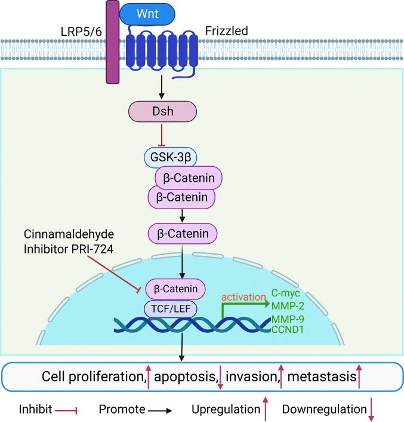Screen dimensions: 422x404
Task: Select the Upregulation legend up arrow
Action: [266, 409]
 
